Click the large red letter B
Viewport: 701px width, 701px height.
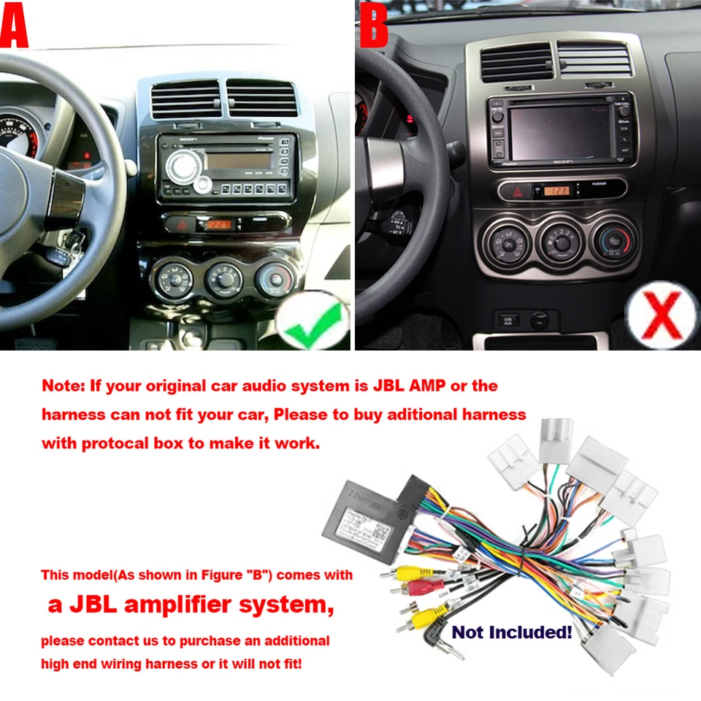coord(373,26)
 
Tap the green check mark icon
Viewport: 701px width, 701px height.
coord(313,322)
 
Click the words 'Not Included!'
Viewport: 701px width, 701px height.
coord(511,632)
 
